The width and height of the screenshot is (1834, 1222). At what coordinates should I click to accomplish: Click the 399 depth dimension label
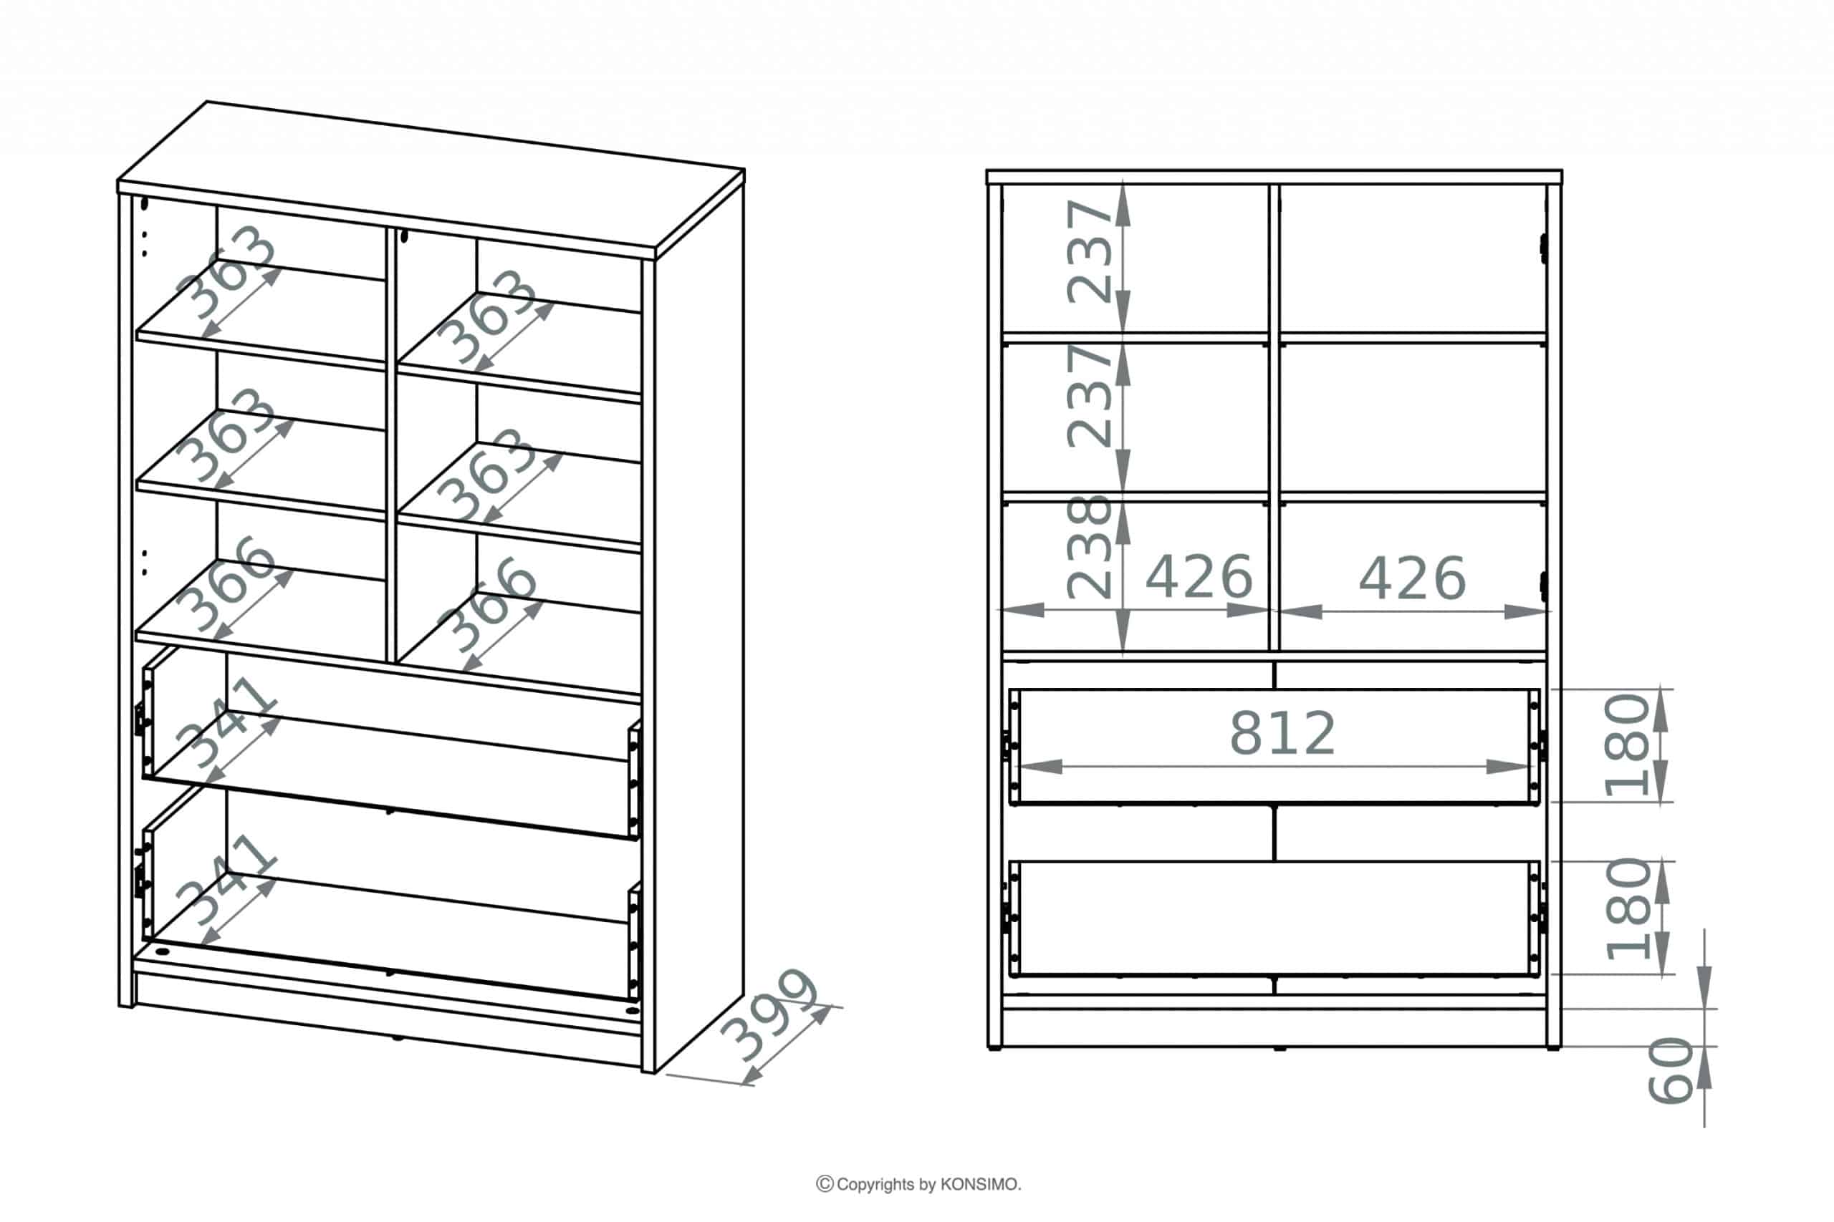click(769, 1014)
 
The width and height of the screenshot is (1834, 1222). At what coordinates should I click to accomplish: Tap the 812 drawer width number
click(1282, 733)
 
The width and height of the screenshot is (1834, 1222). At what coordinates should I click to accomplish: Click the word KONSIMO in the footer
click(979, 1185)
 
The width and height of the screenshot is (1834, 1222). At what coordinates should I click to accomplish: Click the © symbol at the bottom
click(824, 1185)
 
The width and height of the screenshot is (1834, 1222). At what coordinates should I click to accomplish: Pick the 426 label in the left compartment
click(1199, 577)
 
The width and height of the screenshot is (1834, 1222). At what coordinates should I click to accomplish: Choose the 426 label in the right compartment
click(1412, 578)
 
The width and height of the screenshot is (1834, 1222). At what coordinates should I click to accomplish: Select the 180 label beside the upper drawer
click(1626, 745)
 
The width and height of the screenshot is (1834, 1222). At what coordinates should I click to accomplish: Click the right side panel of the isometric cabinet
click(698, 624)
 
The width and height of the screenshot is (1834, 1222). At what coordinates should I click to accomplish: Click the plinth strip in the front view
click(1274, 1028)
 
